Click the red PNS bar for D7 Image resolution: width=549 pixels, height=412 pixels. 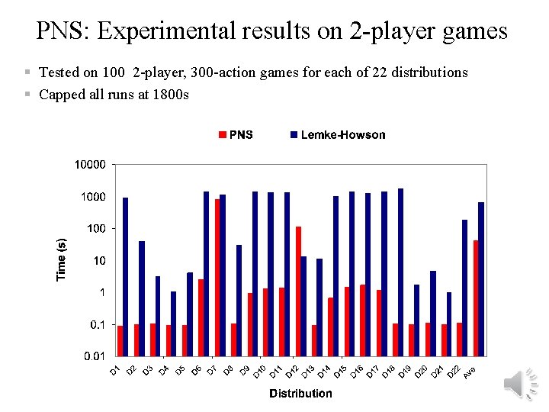pos(218,277)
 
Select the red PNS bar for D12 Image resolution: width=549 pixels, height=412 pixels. pos(298,291)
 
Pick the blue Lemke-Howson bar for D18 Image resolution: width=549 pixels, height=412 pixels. pos(400,272)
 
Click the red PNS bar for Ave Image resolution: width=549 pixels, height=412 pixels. pos(476,298)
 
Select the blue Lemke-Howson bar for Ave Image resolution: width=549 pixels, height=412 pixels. pos(481,278)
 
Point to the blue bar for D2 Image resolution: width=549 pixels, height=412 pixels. pos(142,298)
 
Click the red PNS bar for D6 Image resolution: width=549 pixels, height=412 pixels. pos(201,317)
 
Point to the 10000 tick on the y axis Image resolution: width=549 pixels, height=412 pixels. pos(90,165)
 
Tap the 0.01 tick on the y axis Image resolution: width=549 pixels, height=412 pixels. pos(95,356)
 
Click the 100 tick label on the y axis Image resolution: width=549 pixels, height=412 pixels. pos(96,229)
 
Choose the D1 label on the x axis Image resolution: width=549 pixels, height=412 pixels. pos(114,370)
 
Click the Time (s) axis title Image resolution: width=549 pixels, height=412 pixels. pos(62,257)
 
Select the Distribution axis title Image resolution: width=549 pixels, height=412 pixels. pos(300,394)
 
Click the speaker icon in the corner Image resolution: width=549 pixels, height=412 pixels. pos(522,384)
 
